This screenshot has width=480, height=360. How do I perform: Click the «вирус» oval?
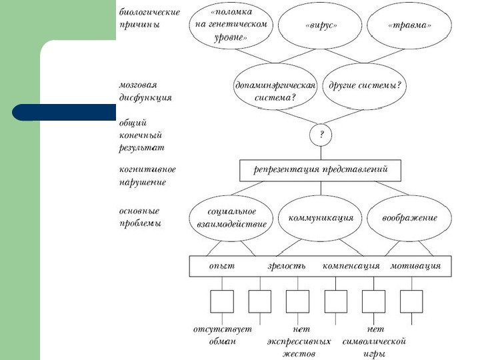pos(321,25)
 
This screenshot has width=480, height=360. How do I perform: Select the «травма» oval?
pos(409,25)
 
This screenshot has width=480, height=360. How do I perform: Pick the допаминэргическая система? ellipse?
pos(275,91)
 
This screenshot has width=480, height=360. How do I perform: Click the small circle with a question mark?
pos(321,135)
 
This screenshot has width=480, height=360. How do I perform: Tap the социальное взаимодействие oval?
pos(231,217)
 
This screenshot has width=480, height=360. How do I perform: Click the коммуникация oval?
pos(321,218)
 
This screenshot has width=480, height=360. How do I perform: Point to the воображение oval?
pos(409,218)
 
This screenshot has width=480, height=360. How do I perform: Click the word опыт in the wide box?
pos(221,266)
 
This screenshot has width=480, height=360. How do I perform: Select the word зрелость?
pos(287,266)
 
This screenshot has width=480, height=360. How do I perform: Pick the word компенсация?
pos(351,266)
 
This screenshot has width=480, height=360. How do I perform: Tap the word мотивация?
pos(415,266)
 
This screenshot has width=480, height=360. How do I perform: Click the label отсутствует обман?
pos(213,335)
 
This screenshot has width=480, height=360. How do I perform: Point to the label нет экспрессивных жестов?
pos(299,341)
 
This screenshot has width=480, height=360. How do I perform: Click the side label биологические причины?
pos(149,18)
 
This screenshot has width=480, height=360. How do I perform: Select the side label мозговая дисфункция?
pos(145,91)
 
